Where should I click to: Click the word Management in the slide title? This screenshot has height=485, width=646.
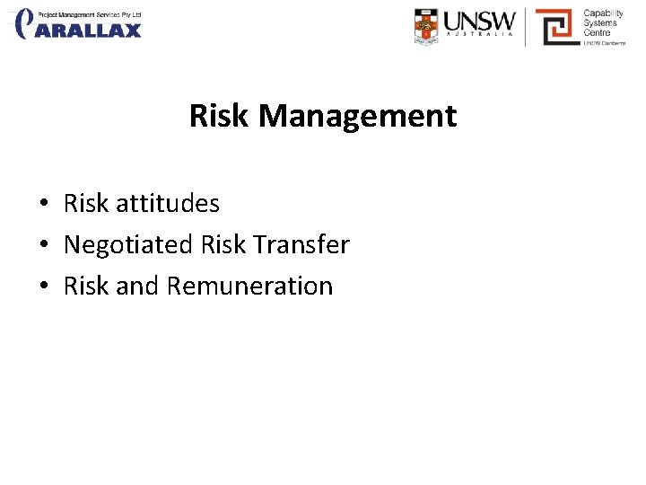click(358, 116)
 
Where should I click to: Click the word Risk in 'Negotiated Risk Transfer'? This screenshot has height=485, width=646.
click(222, 244)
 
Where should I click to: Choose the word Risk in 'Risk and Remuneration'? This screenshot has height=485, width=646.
click(86, 286)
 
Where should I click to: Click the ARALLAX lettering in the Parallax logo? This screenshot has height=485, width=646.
click(91, 31)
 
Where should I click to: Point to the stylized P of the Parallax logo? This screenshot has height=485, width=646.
click(26, 23)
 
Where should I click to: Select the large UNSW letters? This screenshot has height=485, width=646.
click(480, 21)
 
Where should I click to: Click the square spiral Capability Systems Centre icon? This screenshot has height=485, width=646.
click(556, 27)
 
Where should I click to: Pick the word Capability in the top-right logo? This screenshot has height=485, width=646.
click(604, 13)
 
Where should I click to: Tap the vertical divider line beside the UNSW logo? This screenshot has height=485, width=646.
click(526, 26)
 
